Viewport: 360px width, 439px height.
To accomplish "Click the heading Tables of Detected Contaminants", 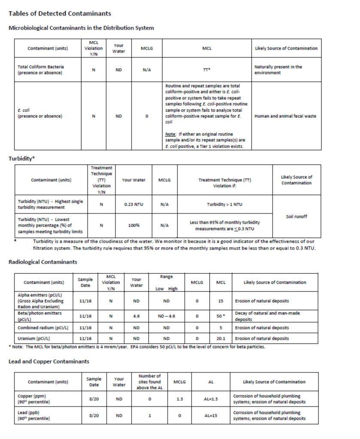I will [60, 14].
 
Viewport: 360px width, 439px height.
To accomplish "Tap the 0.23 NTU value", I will [133, 204].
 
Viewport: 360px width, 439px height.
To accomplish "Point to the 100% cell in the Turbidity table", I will [133, 225].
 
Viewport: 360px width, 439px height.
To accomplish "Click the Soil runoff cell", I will [296, 216].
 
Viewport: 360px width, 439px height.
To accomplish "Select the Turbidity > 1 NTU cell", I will [224, 204].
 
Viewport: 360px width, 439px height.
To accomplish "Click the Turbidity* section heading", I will [22, 159].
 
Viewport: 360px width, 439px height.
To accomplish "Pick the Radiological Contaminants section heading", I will [43, 262].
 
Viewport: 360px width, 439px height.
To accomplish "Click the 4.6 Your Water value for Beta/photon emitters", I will [136, 316].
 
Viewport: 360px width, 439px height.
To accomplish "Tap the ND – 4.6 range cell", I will [166, 316].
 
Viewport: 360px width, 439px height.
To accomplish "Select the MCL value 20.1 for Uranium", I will [221, 338].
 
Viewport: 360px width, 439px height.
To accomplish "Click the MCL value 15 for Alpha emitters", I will [221, 301].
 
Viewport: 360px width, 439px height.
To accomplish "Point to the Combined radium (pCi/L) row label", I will [43, 328].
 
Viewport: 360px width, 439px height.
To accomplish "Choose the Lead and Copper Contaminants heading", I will [49, 361].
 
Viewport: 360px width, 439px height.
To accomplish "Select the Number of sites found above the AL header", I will [150, 382].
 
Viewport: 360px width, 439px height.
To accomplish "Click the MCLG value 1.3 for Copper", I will [180, 399].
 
